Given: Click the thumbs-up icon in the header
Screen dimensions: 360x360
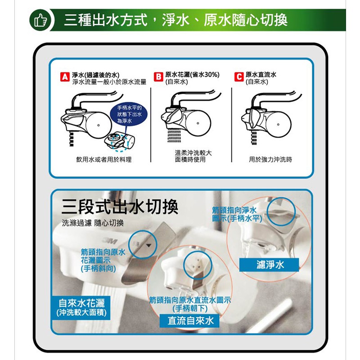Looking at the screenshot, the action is pos(40,20).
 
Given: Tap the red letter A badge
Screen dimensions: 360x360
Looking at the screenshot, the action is pos(65,77).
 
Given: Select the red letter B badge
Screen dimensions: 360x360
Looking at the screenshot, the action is pos(158,76).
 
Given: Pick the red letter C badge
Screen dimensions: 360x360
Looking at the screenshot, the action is pos(239,76).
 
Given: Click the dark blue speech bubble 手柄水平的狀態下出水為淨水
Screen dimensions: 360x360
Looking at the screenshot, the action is pos(130,114).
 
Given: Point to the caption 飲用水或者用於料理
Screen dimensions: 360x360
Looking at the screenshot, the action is pos(104,159).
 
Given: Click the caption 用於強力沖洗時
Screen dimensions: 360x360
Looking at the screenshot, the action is pos(270,159).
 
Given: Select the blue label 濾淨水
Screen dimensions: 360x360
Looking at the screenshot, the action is pos(269,265).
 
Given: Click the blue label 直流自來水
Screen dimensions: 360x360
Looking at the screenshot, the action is pos(189,320).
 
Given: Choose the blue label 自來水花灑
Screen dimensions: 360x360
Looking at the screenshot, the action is pos(81,308).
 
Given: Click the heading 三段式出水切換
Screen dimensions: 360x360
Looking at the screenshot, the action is pos(120,207).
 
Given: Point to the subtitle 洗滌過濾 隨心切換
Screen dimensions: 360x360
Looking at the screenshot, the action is pos(93,223).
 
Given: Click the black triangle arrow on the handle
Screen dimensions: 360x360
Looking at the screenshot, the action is pos(148,245).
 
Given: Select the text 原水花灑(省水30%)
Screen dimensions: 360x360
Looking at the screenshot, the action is pos(193,75).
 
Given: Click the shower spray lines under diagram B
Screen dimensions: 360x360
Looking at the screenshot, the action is pos(174,135).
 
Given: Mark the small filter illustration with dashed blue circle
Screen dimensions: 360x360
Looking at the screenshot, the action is pos(120,141).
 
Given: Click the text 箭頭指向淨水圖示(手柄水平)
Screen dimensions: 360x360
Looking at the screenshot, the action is pos(237,214).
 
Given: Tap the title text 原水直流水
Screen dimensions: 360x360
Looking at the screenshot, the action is pos(261,74).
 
